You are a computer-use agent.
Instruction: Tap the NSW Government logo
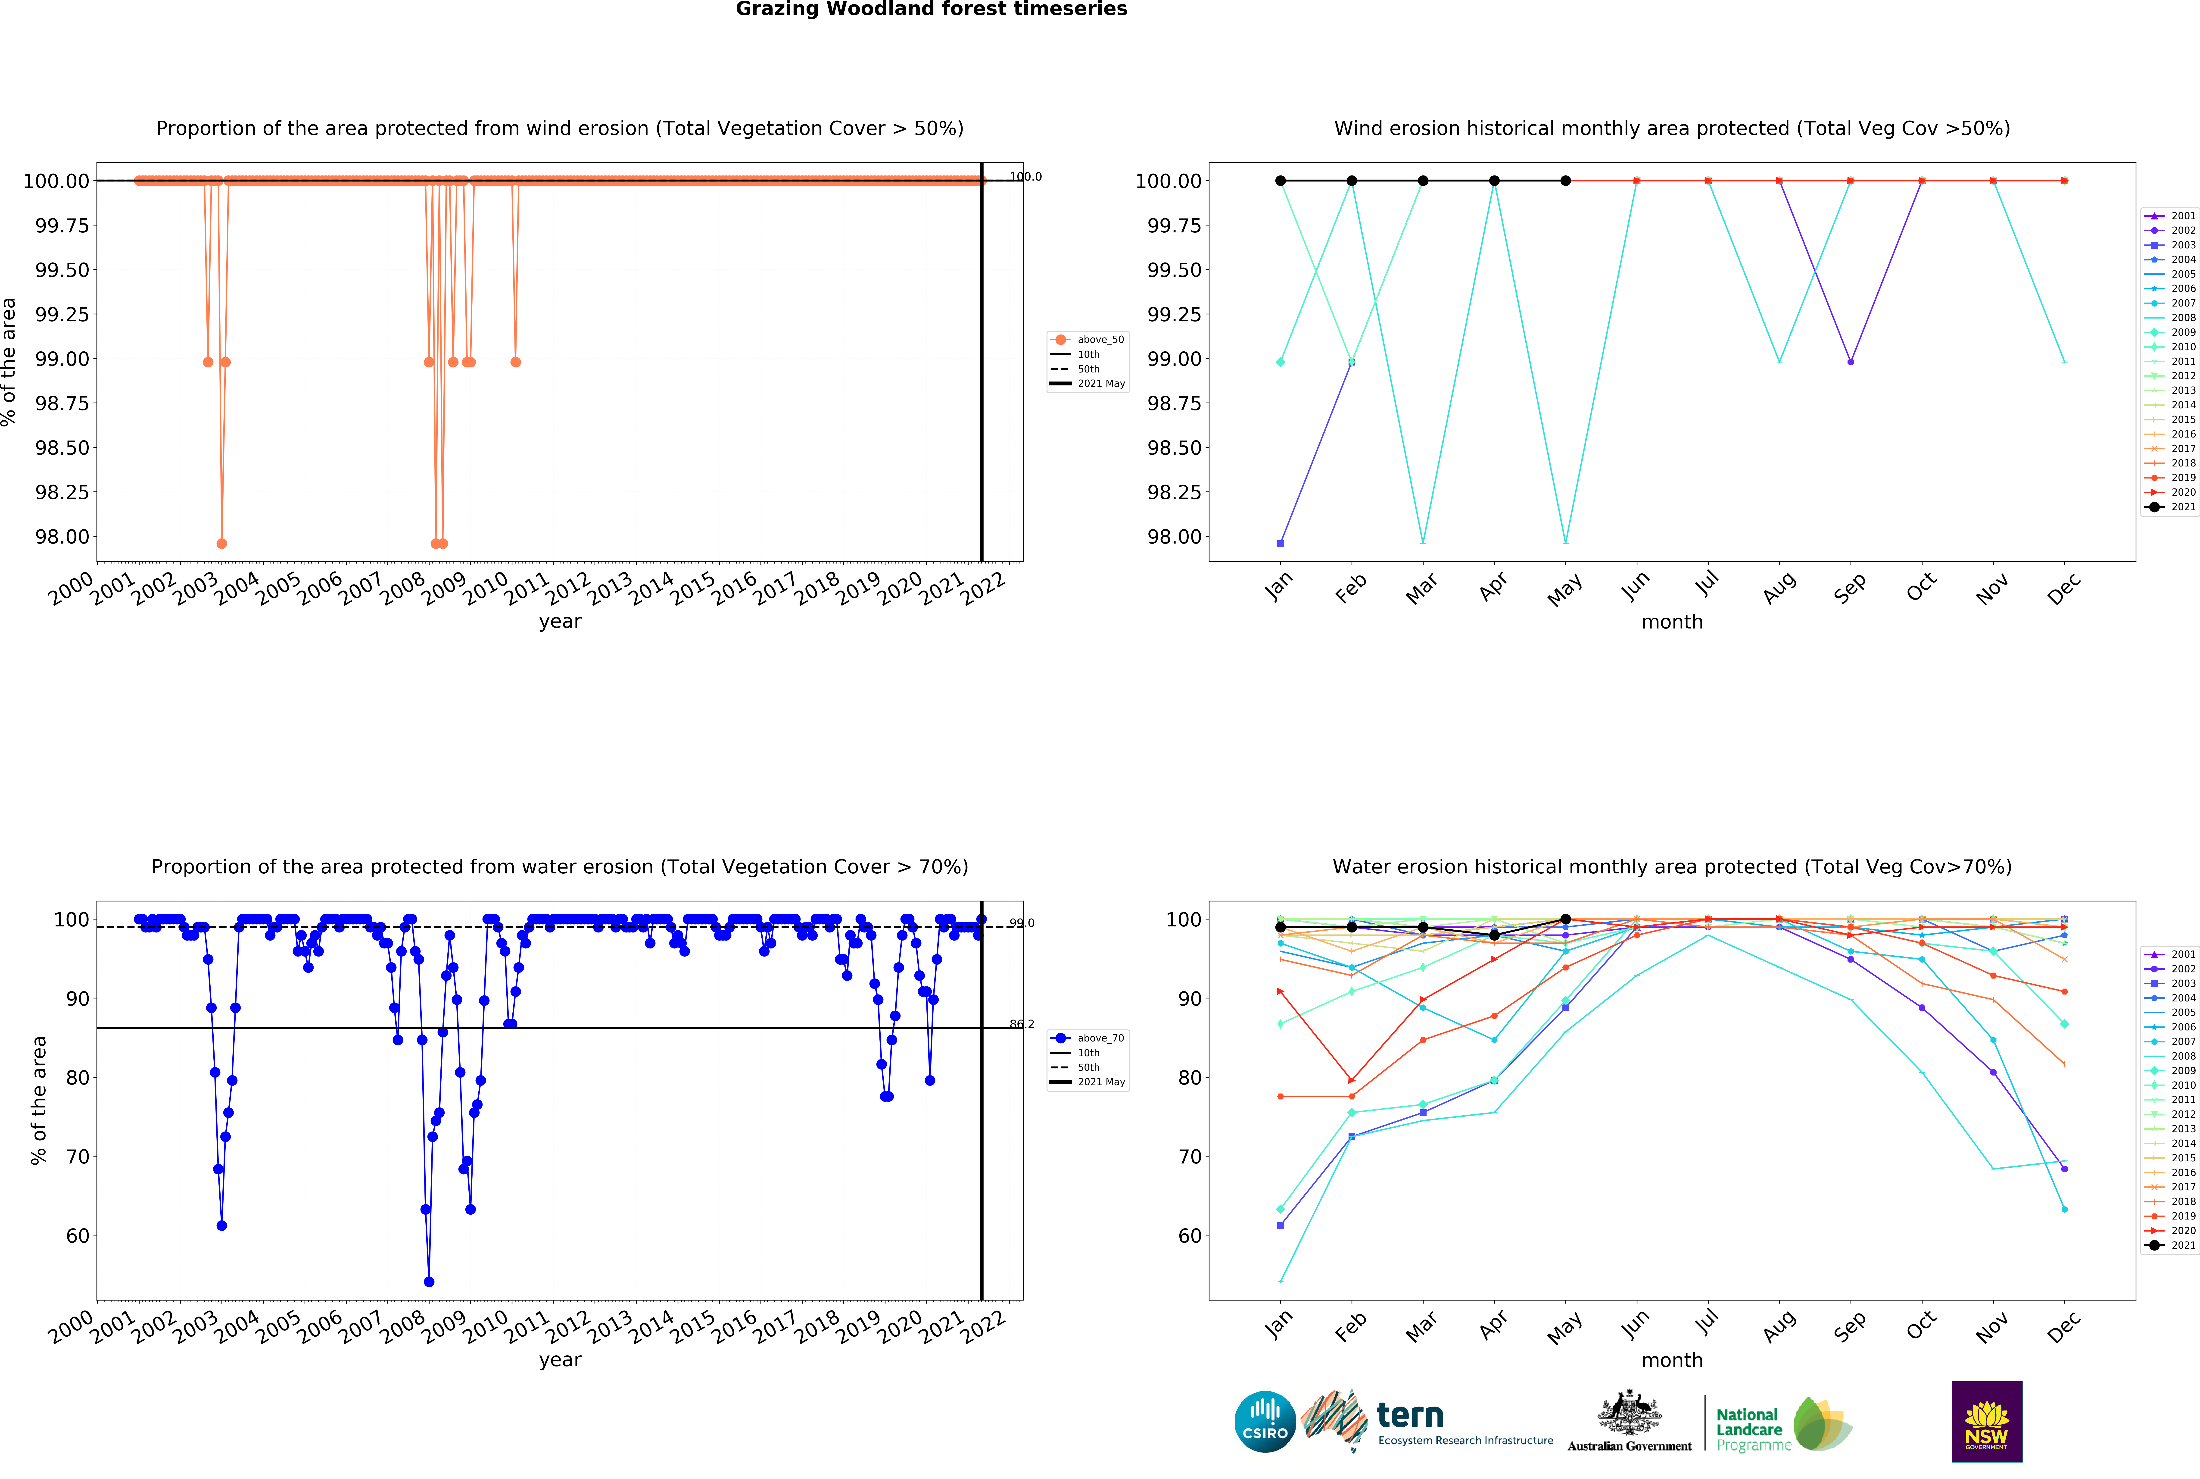pos(1986,1421)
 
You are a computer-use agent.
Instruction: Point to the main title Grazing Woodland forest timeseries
pos(931,9)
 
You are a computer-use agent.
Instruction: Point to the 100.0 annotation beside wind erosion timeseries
pos(1025,176)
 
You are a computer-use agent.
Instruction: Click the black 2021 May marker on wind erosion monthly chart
pos(1565,180)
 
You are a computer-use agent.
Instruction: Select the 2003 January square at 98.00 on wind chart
pos(1281,543)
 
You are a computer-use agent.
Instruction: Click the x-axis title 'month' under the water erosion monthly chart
pos(1672,1360)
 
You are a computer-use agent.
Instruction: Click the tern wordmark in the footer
pos(1410,1415)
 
